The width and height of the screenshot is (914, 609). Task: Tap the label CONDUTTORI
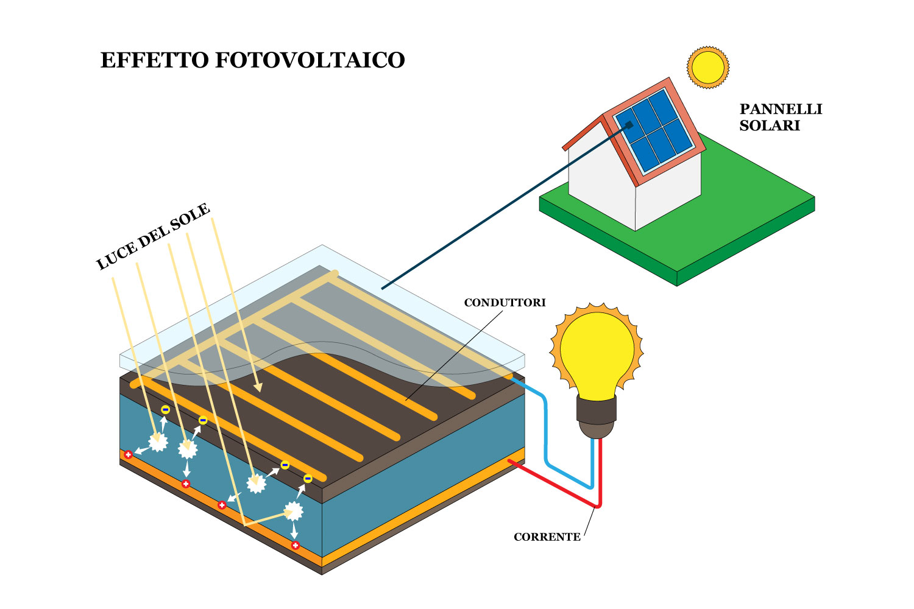(505, 303)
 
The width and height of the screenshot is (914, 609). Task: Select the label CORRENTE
(547, 537)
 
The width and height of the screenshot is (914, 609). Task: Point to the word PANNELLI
(781, 109)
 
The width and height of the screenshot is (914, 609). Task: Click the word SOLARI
(769, 125)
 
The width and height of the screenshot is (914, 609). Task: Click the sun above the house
(707, 67)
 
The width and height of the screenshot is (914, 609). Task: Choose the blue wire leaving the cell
(545, 438)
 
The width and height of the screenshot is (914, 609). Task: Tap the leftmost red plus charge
(128, 454)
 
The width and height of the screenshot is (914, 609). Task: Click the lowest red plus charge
(296, 545)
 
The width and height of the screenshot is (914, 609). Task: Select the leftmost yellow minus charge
(165, 410)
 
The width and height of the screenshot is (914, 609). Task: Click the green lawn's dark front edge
(609, 244)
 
